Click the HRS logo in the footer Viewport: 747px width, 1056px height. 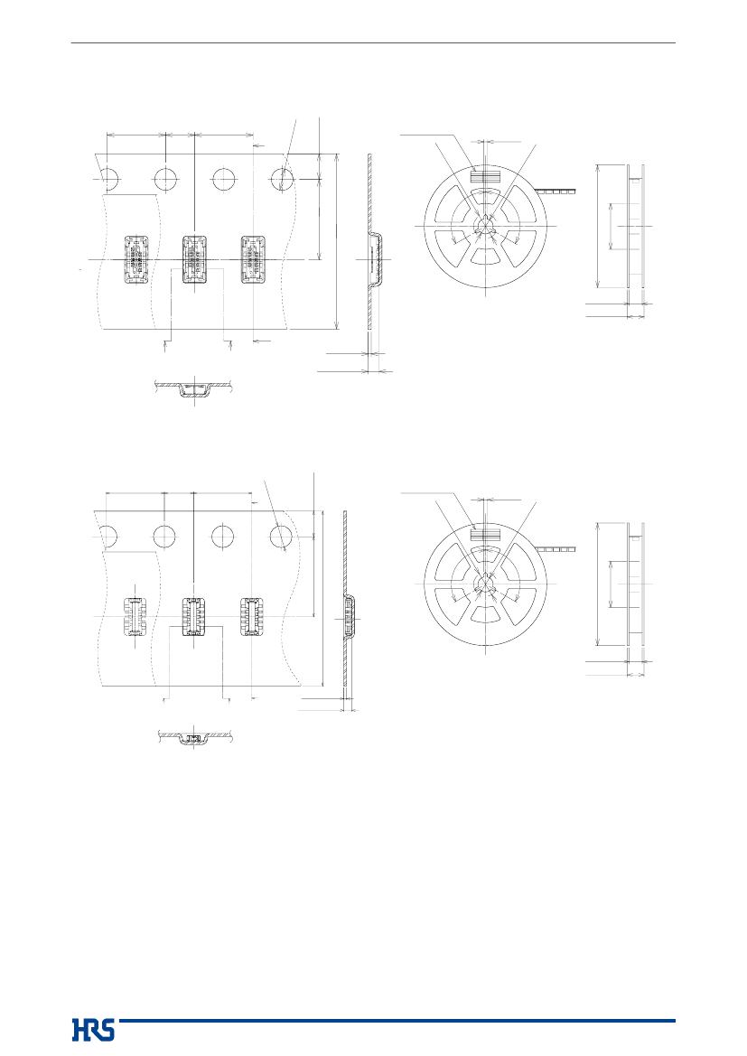click(x=93, y=1030)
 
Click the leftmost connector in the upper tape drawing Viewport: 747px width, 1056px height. click(x=136, y=259)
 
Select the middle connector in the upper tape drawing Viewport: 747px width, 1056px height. click(x=194, y=259)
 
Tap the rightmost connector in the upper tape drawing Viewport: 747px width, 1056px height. click(x=253, y=259)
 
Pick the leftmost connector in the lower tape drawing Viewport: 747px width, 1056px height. click(x=136, y=617)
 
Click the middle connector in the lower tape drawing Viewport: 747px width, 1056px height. click(x=194, y=617)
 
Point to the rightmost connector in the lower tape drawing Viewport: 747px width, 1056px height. click(x=252, y=617)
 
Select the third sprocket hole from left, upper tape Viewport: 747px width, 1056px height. click(x=224, y=180)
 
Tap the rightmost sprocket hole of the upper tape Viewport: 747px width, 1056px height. click(x=282, y=180)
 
